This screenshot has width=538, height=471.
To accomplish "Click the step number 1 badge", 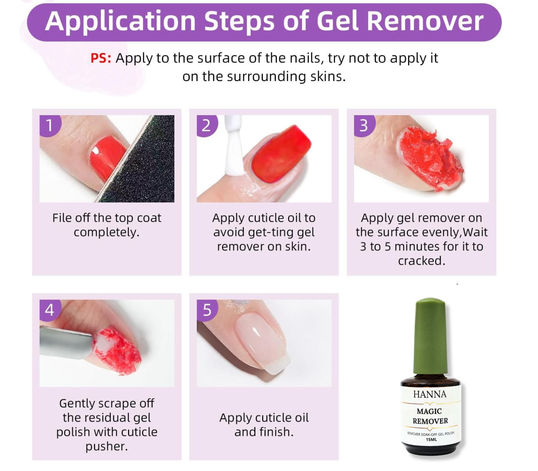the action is tap(50, 126).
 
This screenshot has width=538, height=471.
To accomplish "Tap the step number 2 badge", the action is tap(207, 126).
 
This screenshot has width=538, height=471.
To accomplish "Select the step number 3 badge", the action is tap(364, 126).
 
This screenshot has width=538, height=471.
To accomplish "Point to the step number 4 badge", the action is tap(50, 310).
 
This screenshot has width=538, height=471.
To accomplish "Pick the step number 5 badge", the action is tap(207, 310).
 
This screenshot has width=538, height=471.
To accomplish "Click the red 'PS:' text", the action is tap(101, 58).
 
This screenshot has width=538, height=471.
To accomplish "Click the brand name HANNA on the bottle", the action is tap(430, 394).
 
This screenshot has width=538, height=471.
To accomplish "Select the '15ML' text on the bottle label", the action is tap(431, 439).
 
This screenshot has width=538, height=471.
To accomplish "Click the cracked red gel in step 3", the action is tap(431, 159).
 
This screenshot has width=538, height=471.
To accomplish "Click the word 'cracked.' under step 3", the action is tap(421, 261).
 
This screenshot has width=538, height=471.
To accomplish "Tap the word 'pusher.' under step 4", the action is tap(107, 447).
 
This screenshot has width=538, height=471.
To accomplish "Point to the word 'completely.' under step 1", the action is tap(107, 232).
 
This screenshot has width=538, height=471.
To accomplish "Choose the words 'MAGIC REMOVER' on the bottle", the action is tap(430, 416).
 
